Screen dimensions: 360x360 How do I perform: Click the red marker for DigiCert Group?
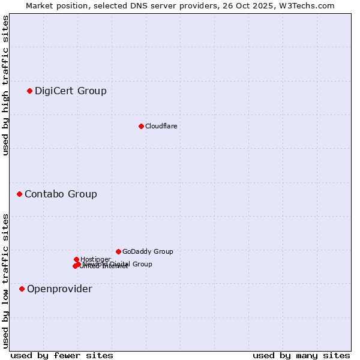pyautogui.click(x=29, y=91)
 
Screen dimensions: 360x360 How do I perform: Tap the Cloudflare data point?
pyautogui.click(x=141, y=126)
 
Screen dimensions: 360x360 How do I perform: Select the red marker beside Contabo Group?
pyautogui.click(x=20, y=194)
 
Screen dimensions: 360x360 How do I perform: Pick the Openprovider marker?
pyautogui.click(x=22, y=289)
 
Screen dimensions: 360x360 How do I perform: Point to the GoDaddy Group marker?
pyautogui.click(x=118, y=252)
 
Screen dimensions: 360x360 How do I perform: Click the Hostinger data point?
pyautogui.click(x=76, y=260)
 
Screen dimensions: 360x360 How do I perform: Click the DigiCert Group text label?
pyautogui.click(x=71, y=91)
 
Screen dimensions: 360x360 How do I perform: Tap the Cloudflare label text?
pyautogui.click(x=161, y=126)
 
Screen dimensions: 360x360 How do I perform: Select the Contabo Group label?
pyautogui.click(x=61, y=194)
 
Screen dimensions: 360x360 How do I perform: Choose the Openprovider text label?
pyautogui.click(x=59, y=289)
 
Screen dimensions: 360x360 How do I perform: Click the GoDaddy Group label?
pyautogui.click(x=148, y=252)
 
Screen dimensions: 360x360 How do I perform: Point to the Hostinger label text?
pyautogui.click(x=95, y=259)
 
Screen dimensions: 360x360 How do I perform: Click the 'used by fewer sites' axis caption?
pyautogui.click(x=62, y=355)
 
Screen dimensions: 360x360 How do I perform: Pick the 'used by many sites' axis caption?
pyautogui.click(x=301, y=355)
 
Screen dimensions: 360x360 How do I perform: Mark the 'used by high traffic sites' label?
pyautogui.click(x=6, y=85)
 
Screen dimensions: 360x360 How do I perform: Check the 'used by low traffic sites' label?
pyautogui.click(x=6, y=281)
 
